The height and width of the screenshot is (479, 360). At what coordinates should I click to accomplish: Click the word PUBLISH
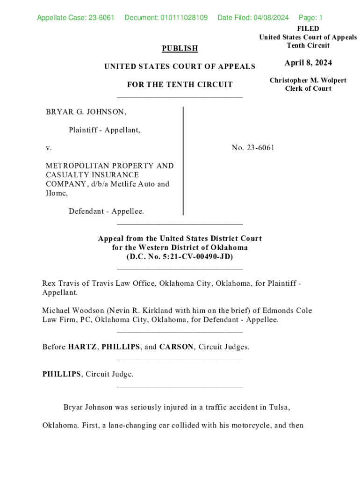pyautogui.click(x=180, y=48)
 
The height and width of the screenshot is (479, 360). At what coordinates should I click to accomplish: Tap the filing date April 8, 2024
pyautogui.click(x=308, y=63)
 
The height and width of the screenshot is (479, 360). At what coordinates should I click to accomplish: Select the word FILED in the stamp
pyautogui.click(x=308, y=29)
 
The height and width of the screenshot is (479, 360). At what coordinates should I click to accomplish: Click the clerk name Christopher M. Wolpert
pyautogui.click(x=308, y=80)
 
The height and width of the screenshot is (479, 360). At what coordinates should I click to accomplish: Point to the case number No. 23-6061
pyautogui.click(x=253, y=148)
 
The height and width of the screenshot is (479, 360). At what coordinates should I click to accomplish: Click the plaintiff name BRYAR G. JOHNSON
pyautogui.click(x=86, y=112)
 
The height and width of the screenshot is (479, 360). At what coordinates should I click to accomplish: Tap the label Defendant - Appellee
pyautogui.click(x=106, y=211)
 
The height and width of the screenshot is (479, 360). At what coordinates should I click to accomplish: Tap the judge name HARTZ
pyautogui.click(x=82, y=347)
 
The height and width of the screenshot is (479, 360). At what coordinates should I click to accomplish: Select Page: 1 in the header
pyautogui.click(x=310, y=18)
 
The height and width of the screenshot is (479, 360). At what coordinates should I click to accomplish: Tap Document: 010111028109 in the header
pyautogui.click(x=166, y=18)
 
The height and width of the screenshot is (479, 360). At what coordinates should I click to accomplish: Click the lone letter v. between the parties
pyautogui.click(x=48, y=148)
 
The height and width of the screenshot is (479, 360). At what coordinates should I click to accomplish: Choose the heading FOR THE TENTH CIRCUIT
pyautogui.click(x=180, y=85)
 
